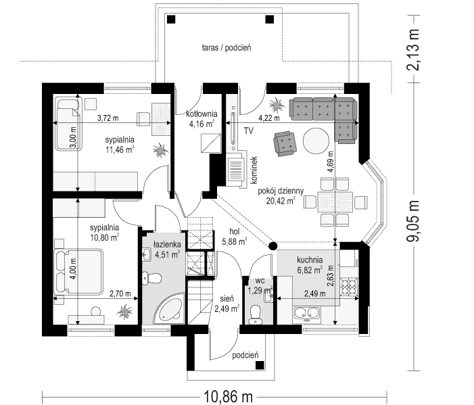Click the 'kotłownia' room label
point(201,114)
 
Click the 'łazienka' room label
point(166,245)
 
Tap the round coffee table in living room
point(314,141)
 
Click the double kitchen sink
point(308,312)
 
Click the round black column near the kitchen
point(273,246)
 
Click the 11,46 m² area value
point(118,151)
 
